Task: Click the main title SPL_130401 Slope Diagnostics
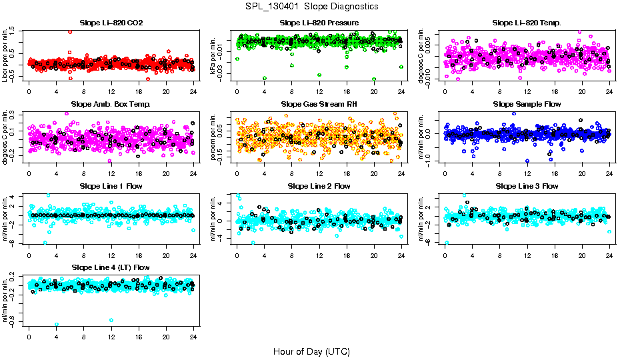coord(312,6)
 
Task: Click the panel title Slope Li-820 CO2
coord(111,23)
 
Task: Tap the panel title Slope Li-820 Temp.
coord(527,23)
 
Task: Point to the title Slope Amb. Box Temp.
coord(111,104)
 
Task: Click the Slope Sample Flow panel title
coord(527,104)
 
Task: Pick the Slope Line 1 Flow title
coord(111,186)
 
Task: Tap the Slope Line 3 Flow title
coord(527,186)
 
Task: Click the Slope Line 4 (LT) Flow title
coord(111,267)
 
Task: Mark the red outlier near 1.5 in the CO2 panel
coord(70,32)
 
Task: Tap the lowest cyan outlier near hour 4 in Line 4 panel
coord(57,325)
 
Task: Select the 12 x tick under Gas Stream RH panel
coord(319,172)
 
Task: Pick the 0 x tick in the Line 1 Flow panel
coord(29,254)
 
